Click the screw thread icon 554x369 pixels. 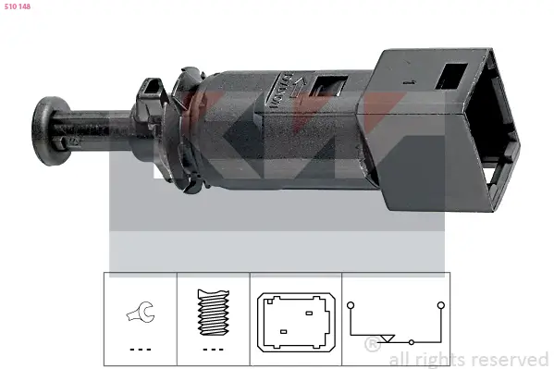coord(213,314)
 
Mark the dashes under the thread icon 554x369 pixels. coord(213,348)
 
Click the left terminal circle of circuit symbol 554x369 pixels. coord(351,303)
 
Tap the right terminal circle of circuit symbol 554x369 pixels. coord(440,303)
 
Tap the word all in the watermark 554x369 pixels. coord(400,359)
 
